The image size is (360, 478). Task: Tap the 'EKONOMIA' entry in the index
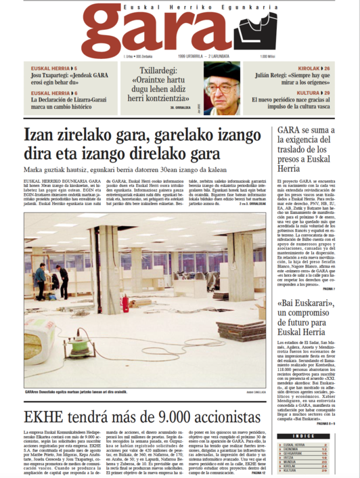[x=290, y=429]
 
